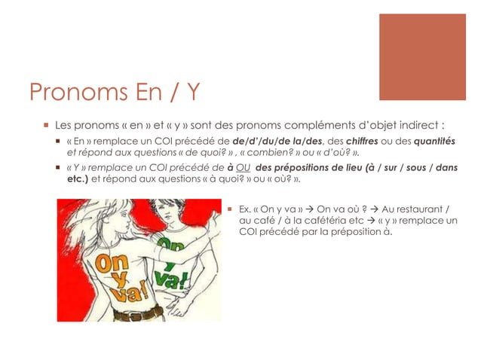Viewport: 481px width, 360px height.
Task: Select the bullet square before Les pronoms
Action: [x=46, y=124]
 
